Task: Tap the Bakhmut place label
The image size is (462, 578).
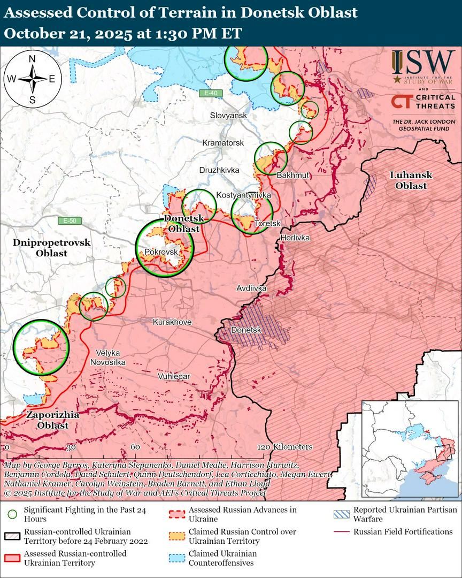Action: coord(290,175)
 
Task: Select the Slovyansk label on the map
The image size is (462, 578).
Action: coord(228,116)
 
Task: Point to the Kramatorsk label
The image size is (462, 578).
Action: coord(223,143)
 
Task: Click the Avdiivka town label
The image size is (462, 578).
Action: coord(251,288)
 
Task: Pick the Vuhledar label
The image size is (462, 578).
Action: coord(174,377)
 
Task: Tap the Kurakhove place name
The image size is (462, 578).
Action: coord(172,322)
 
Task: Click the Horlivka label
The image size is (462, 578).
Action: coord(295,237)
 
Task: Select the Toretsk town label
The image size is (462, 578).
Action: coord(267,223)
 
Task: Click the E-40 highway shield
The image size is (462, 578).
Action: coord(210,94)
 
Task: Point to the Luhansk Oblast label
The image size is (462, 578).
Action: coord(411,180)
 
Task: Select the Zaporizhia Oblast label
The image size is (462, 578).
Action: coord(53,420)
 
